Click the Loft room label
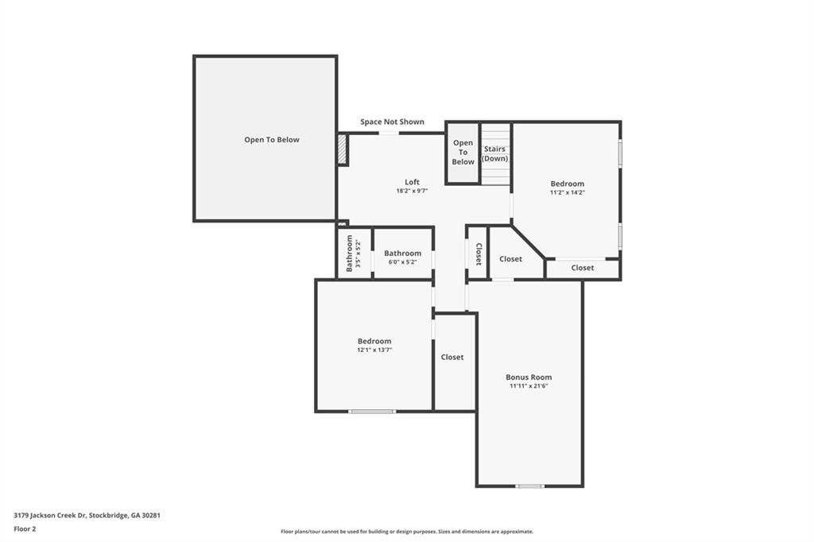[x=413, y=182]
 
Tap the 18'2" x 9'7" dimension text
[x=413, y=191]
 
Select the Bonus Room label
[x=529, y=377]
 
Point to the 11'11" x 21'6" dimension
[x=529, y=385]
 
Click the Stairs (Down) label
[x=494, y=153]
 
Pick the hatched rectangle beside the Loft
[x=342, y=149]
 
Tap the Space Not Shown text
[x=392, y=122]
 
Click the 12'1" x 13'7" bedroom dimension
[x=374, y=350]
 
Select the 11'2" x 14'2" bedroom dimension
[x=568, y=192]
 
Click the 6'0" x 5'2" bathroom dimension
[x=403, y=262]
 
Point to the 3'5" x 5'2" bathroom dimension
[x=358, y=253]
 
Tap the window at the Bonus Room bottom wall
[x=529, y=486]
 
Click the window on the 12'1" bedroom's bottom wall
[x=372, y=412]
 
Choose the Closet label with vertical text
[x=479, y=254]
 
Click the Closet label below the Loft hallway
[x=452, y=357]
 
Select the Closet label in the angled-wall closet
[x=511, y=258]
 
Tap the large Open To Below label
[x=272, y=140]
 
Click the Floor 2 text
[x=25, y=529]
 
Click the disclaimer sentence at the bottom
[x=407, y=532]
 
